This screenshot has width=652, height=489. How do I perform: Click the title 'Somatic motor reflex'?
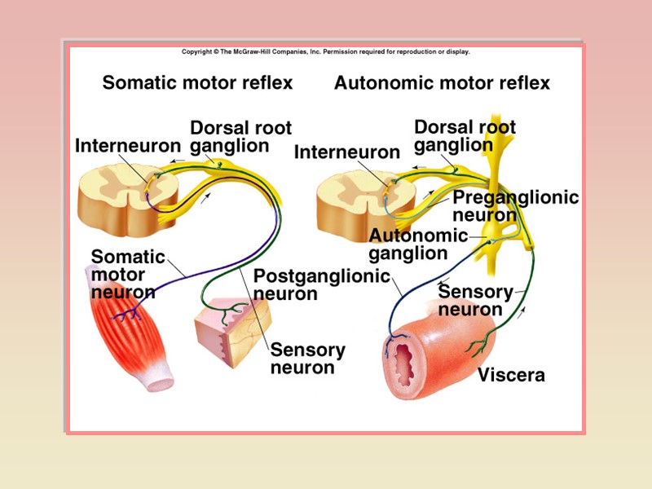(x=197, y=83)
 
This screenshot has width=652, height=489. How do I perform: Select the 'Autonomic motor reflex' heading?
(x=442, y=83)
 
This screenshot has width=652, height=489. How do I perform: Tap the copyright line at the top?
(x=325, y=51)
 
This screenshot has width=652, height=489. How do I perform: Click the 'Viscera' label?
(x=511, y=376)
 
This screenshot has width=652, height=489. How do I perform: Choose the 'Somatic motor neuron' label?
(x=127, y=275)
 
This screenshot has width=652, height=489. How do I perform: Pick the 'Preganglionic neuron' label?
(x=515, y=206)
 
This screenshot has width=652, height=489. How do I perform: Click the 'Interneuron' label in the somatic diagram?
(x=128, y=146)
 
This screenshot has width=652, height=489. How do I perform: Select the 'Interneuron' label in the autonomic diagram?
(x=346, y=152)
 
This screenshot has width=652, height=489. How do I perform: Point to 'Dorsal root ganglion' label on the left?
(x=240, y=137)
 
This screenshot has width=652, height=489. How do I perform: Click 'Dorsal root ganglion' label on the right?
(x=465, y=136)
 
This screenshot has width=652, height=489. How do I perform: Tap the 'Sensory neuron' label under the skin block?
(x=307, y=359)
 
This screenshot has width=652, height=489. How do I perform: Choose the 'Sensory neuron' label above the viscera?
(x=475, y=301)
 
